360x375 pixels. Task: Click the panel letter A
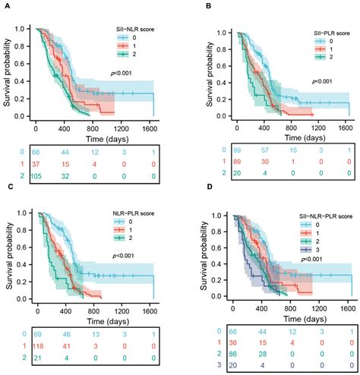[x=7, y=6]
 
